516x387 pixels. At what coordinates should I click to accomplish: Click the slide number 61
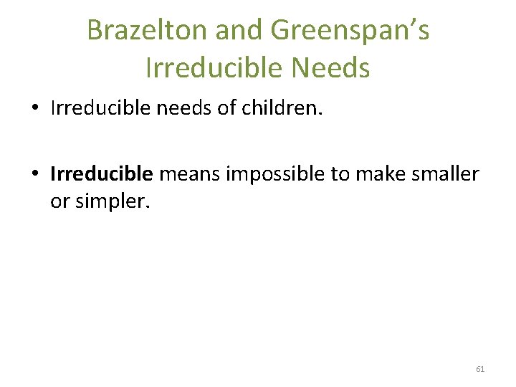480,369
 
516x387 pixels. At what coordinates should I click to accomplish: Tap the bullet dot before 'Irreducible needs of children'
34,110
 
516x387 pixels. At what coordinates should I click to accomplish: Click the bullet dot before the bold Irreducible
34,174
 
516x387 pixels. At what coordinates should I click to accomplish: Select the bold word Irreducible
102,173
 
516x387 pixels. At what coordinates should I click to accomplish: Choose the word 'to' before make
338,174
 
